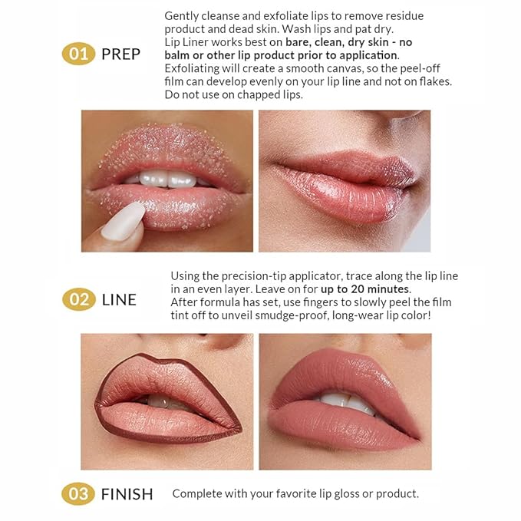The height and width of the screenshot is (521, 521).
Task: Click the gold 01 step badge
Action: pyautogui.click(x=78, y=54)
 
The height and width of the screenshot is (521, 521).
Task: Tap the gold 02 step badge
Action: pyautogui.click(x=79, y=299)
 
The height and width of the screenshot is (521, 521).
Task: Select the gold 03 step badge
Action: pyautogui.click(x=78, y=493)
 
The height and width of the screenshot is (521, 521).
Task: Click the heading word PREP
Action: pyautogui.click(x=121, y=54)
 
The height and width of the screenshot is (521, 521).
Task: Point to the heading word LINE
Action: pyautogui.click(x=119, y=300)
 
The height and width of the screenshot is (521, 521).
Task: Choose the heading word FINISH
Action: pyautogui.click(x=127, y=494)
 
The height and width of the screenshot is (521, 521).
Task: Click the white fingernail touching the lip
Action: pyautogui.click(x=124, y=221)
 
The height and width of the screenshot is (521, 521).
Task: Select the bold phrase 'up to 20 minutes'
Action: pyautogui.click(x=364, y=289)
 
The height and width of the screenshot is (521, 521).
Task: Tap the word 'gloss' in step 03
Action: pyautogui.click(x=347, y=493)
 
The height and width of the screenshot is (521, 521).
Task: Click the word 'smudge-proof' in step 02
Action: pyautogui.click(x=290, y=315)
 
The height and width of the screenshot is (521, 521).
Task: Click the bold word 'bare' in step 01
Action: pyautogui.click(x=297, y=42)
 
